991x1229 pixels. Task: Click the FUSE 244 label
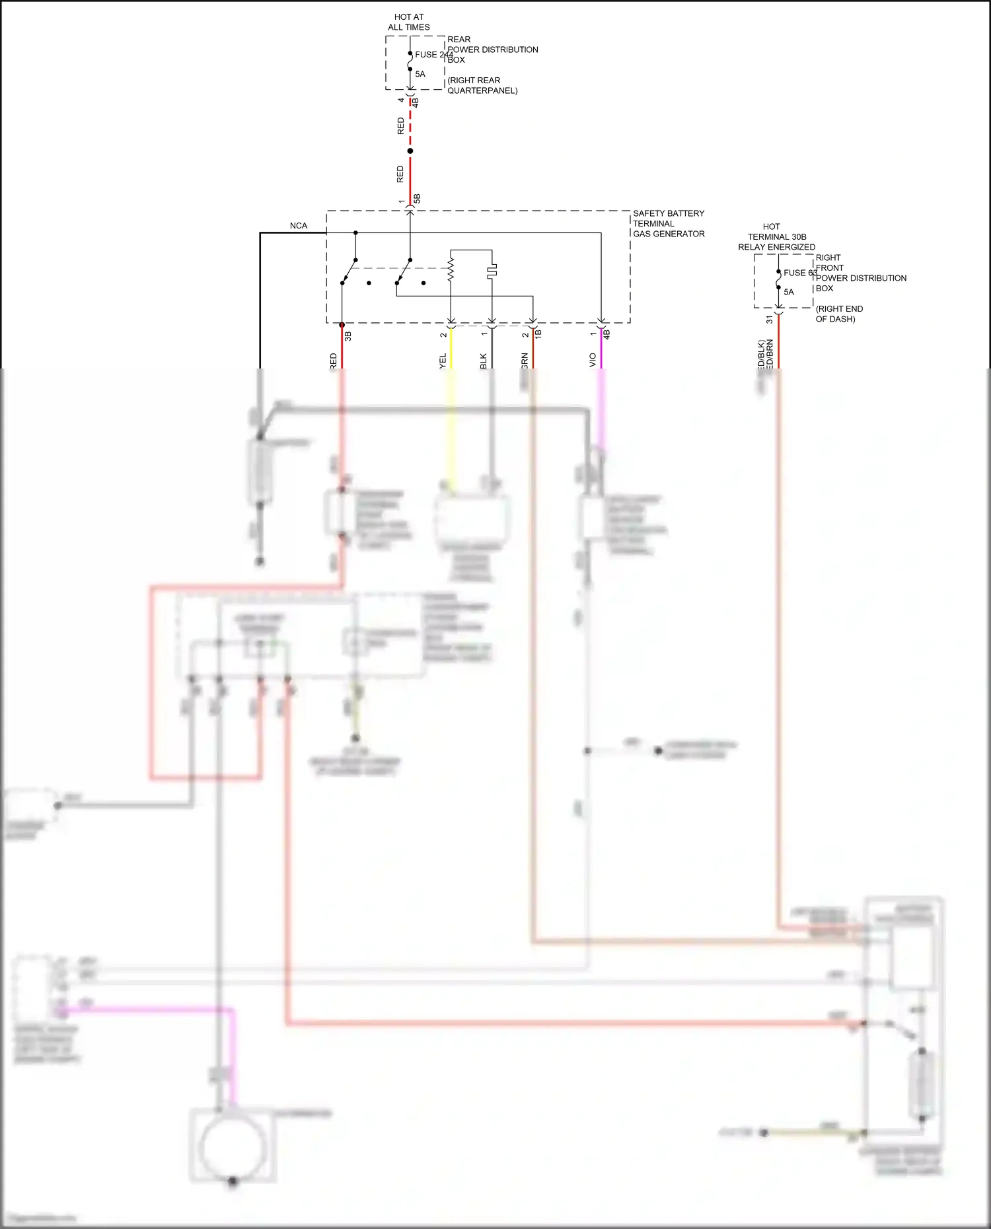pyautogui.click(x=433, y=55)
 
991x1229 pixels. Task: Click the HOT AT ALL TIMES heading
pyautogui.click(x=409, y=22)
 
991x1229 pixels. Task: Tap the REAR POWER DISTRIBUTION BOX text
pyautogui.click(x=492, y=50)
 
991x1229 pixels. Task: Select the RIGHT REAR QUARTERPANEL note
pyautogui.click(x=482, y=85)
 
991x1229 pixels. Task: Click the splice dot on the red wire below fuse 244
pyautogui.click(x=410, y=151)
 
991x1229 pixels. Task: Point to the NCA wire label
pyautogui.click(x=299, y=226)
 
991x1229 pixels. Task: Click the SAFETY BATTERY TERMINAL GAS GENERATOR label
pyautogui.click(x=668, y=223)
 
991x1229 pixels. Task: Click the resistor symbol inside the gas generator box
pyautogui.click(x=451, y=269)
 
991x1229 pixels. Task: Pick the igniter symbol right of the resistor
pyautogui.click(x=492, y=270)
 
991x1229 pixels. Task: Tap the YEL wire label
pyautogui.click(x=443, y=361)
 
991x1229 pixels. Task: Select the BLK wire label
pyautogui.click(x=484, y=361)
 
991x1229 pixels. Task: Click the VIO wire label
pyautogui.click(x=593, y=360)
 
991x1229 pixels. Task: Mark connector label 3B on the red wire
pyautogui.click(x=348, y=335)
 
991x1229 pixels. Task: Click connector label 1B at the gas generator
pyautogui.click(x=538, y=334)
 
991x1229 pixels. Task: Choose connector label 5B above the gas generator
pyautogui.click(x=417, y=198)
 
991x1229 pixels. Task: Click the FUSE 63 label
pyautogui.click(x=800, y=273)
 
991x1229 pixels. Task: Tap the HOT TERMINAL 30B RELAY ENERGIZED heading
pyautogui.click(x=776, y=236)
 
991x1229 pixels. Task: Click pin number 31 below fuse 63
pyautogui.click(x=770, y=320)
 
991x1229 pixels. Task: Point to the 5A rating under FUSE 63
pyautogui.click(x=789, y=292)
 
